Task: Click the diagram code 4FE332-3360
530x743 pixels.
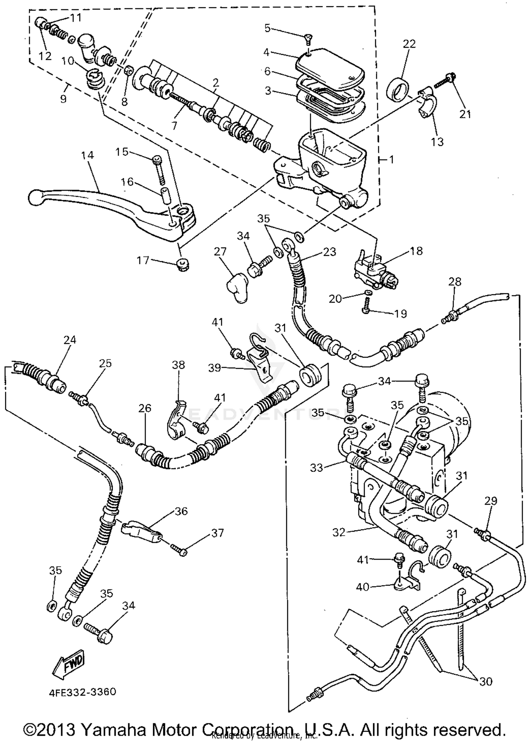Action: [x=82, y=692]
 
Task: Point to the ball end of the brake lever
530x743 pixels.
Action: [x=34, y=197]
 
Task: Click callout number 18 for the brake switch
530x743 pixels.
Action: [x=417, y=251]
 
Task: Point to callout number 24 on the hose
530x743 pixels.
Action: [x=70, y=340]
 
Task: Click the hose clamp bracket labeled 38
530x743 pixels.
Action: [x=177, y=421]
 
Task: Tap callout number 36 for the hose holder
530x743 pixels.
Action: [x=181, y=511]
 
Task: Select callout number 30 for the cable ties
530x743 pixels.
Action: [x=486, y=681]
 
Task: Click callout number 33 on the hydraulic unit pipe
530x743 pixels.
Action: [x=316, y=468]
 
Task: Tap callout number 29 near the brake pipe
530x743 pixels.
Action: [x=491, y=501]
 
